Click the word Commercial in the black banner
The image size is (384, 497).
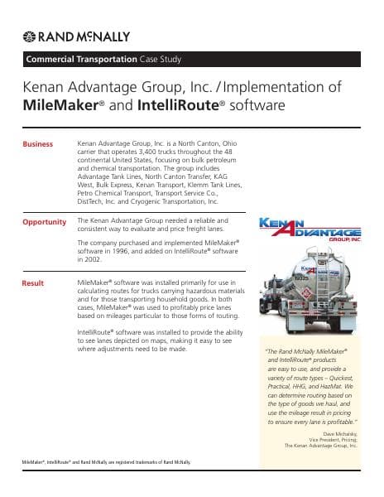[54, 60]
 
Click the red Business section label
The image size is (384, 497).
[37, 144]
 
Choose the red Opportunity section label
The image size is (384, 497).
[44, 222]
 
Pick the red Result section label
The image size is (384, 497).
[32, 284]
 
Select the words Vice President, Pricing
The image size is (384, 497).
[333, 438]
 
